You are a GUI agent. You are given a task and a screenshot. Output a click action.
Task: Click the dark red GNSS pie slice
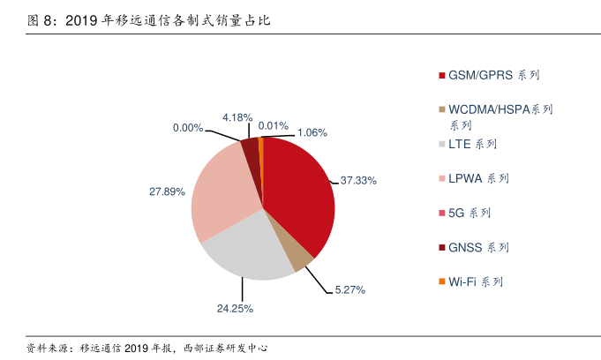[x=251, y=148]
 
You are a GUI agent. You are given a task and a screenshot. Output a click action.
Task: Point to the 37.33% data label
[x=358, y=181]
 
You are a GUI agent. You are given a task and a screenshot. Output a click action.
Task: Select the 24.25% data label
[x=235, y=309]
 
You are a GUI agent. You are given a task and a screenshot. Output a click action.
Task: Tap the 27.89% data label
[x=167, y=191]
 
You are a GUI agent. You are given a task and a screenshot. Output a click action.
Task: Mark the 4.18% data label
[x=237, y=117]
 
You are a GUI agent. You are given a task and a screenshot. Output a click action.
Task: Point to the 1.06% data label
[x=312, y=133]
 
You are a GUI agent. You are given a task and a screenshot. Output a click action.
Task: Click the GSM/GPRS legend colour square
[x=441, y=75]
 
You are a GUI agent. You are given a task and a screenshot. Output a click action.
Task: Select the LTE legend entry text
[x=472, y=144]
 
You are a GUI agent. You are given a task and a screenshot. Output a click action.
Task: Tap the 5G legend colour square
[x=441, y=214]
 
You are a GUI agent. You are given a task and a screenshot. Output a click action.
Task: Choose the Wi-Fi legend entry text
[x=476, y=282]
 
